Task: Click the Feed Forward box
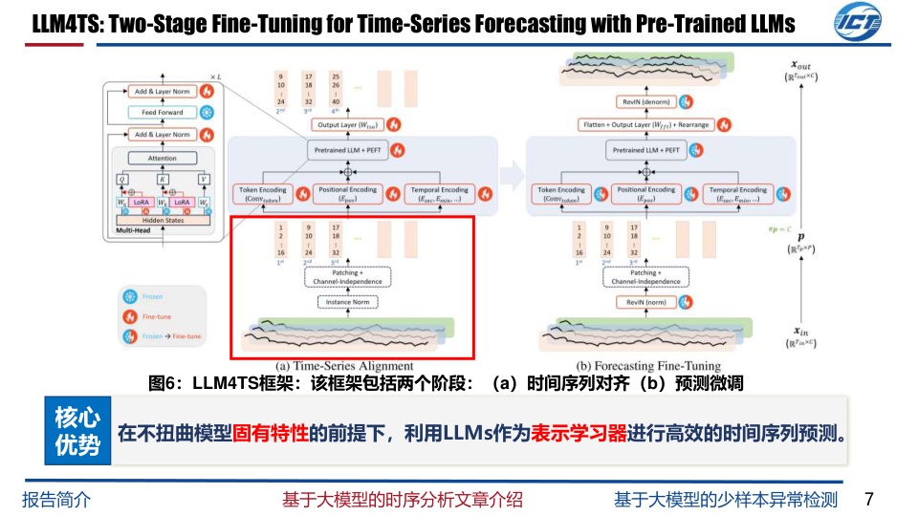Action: (x=162, y=113)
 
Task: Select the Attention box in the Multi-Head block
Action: (x=162, y=159)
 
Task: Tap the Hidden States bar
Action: (x=162, y=220)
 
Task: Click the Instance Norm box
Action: (x=348, y=302)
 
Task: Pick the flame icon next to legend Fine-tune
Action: (x=131, y=316)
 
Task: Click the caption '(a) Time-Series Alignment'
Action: (x=345, y=366)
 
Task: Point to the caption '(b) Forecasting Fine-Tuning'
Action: (x=648, y=366)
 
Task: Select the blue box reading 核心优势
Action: (x=76, y=431)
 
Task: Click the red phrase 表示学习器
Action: (x=579, y=432)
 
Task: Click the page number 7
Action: (x=868, y=499)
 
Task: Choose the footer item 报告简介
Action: (x=55, y=499)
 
